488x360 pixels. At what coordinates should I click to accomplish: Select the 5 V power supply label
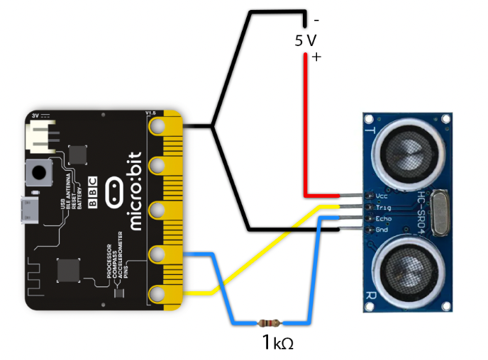[x=305, y=40]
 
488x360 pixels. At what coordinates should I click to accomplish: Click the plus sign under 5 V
[x=316, y=58]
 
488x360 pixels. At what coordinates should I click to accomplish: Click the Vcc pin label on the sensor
[x=381, y=195]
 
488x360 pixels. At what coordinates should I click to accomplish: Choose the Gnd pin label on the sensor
[x=381, y=230]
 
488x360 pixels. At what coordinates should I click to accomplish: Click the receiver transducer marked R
[x=409, y=272]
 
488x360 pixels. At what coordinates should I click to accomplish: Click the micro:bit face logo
[x=114, y=191]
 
